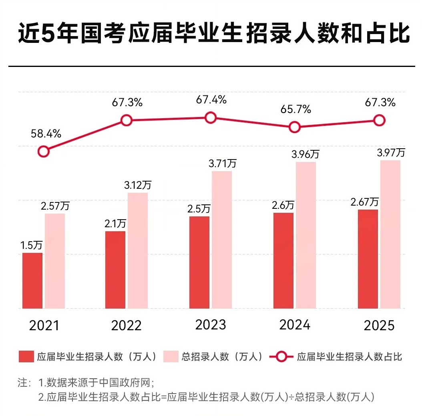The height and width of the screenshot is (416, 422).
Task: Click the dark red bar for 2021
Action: click(x=32, y=281)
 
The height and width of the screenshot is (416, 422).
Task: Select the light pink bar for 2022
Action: click(x=138, y=250)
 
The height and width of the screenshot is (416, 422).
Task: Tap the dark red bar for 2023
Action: click(x=199, y=263)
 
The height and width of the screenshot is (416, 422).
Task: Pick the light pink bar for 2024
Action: click(x=306, y=235)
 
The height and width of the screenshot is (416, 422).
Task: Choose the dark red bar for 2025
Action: click(x=368, y=259)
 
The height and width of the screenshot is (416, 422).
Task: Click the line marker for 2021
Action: click(x=43, y=151)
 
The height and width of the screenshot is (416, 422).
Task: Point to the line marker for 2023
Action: click(x=211, y=117)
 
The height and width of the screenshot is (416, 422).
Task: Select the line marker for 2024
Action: click(x=295, y=127)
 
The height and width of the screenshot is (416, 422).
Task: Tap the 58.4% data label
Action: click(x=46, y=134)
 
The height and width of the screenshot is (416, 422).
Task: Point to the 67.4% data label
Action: click(x=211, y=99)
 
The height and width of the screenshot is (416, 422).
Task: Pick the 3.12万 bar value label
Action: click(x=138, y=185)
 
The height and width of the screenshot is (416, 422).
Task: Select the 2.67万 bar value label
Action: click(x=364, y=202)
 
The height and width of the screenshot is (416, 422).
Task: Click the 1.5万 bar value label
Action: click(x=32, y=245)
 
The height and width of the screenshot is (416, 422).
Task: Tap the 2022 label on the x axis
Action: click(x=127, y=325)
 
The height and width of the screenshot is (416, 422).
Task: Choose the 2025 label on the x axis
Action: click(x=379, y=325)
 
